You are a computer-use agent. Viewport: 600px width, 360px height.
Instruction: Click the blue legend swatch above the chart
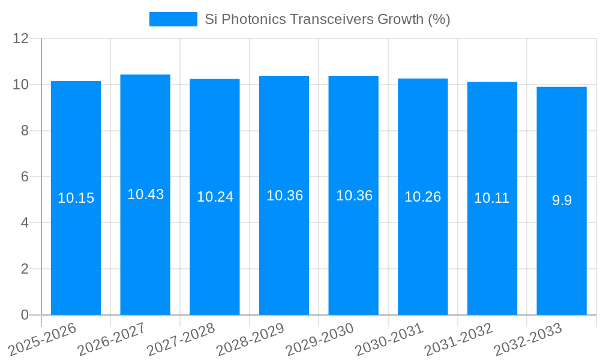pyautogui.click(x=173, y=19)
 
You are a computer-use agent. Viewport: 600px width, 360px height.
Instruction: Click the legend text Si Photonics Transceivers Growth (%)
pyautogui.click(x=327, y=19)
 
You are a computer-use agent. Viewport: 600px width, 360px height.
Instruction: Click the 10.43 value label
pyautogui.click(x=145, y=194)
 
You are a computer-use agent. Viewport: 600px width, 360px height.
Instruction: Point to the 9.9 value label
pyautogui.click(x=562, y=200)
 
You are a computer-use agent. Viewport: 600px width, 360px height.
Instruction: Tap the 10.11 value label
pyautogui.click(x=492, y=198)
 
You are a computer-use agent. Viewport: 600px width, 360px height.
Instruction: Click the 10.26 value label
pyautogui.click(x=422, y=197)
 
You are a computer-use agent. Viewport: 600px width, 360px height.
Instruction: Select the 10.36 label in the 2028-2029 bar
pyautogui.click(x=284, y=196)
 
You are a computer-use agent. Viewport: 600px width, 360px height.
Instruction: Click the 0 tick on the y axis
pyautogui.click(x=25, y=315)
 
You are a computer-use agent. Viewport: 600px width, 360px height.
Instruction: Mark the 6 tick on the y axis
pyautogui.click(x=25, y=177)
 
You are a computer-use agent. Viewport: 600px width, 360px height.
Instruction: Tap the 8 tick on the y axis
pyautogui.click(x=25, y=131)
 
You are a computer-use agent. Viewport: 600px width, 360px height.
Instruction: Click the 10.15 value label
pyautogui.click(x=76, y=198)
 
